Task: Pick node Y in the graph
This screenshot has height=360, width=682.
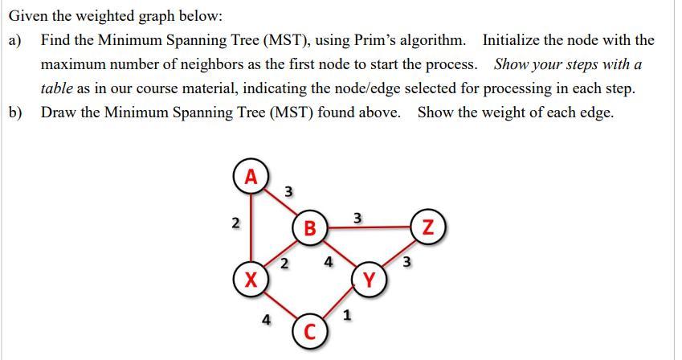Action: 369,280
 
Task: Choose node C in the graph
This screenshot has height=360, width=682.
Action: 310,332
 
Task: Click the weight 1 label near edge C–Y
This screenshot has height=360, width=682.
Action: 346,316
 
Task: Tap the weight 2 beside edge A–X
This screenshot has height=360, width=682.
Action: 235,223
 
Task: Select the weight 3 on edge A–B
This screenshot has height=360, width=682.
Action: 289,191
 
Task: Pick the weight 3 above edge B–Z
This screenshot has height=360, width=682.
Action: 358,217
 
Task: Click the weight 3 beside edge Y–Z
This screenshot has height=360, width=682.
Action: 406,260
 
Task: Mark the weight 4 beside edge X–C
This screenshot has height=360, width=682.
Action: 266,319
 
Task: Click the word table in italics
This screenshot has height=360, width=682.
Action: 58,88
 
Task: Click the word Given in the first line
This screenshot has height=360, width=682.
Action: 30,15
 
